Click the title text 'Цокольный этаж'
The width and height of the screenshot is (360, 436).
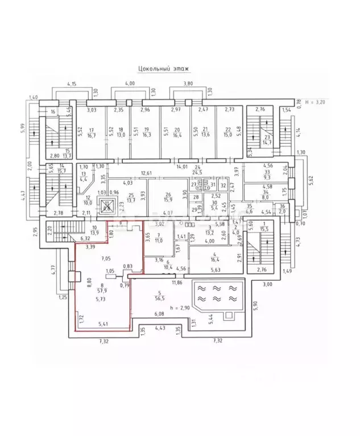click(163, 69)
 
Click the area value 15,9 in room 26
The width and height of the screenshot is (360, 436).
click(168, 199)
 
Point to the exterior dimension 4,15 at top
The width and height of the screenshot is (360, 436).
click(72, 84)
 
